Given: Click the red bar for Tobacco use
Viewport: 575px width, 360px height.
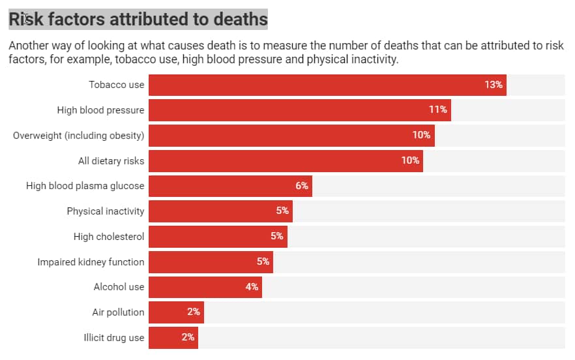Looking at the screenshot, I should (x=327, y=85).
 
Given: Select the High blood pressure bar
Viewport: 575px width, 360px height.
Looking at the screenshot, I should (x=300, y=110).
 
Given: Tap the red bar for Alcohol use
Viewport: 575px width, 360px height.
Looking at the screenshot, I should (x=205, y=287).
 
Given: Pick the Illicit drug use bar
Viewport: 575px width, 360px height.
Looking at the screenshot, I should (x=173, y=338).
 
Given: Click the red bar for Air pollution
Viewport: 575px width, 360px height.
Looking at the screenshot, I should (x=176, y=312).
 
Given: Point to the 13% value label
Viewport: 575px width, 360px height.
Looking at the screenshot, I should (x=494, y=85).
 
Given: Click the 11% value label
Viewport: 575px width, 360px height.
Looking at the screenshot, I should (x=438, y=110).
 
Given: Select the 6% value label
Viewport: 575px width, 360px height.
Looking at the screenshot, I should (x=302, y=186).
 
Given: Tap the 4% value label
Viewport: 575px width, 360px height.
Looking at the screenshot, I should (x=252, y=287).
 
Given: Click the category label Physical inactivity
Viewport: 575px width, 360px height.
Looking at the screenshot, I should (x=106, y=211).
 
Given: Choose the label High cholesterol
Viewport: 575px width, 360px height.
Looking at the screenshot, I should (x=109, y=237).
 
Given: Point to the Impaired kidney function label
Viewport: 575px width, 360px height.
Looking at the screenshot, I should (x=91, y=262).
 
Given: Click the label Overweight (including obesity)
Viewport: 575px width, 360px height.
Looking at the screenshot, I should (x=79, y=135).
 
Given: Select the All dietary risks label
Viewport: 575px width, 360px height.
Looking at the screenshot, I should (x=111, y=160).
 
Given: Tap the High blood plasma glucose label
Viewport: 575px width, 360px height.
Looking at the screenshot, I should (x=85, y=186).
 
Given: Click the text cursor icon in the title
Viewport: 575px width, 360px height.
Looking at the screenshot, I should (x=25, y=19).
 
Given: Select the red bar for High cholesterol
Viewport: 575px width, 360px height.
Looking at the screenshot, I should (x=218, y=237).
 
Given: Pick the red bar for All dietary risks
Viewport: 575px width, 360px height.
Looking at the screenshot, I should (x=286, y=160).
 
